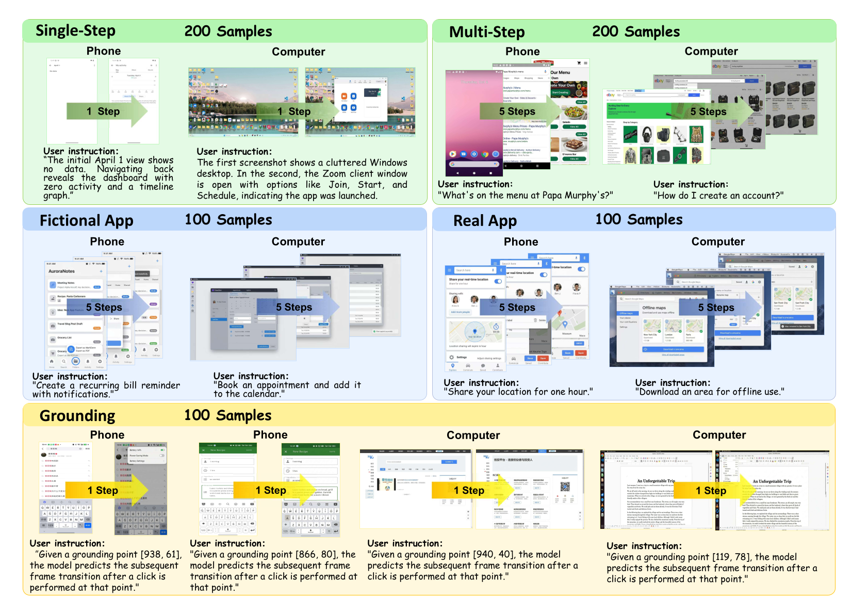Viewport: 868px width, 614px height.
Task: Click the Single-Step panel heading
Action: [x=75, y=31]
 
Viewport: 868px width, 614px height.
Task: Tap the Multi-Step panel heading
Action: [x=486, y=32]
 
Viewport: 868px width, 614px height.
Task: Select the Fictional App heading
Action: [x=86, y=221]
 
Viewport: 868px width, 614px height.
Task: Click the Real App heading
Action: [x=485, y=221]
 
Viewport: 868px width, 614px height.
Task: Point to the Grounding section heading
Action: [x=77, y=416]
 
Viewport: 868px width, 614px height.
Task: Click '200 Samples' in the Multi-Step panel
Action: [x=635, y=31]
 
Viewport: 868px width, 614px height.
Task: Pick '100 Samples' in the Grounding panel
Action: [x=227, y=415]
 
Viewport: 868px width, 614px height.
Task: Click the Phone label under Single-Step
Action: [x=104, y=51]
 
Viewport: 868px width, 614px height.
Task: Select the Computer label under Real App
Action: [x=718, y=241]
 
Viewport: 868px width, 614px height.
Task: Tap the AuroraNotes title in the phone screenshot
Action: [x=61, y=271]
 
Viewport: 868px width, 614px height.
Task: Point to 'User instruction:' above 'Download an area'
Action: [x=673, y=383]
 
